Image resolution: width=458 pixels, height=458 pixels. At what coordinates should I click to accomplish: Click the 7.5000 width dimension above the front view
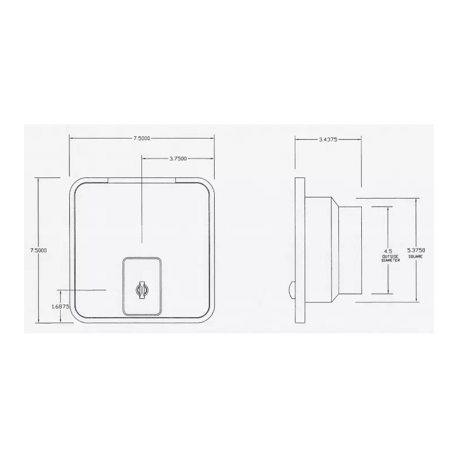click(x=141, y=139)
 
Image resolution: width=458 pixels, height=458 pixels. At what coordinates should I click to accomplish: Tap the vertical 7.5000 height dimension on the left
click(x=38, y=250)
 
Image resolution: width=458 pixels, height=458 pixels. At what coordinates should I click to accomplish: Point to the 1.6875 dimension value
click(x=60, y=307)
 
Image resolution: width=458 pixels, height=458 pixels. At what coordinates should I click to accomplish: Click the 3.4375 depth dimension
click(x=328, y=139)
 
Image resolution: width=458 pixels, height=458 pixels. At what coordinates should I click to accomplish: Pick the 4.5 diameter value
click(x=389, y=251)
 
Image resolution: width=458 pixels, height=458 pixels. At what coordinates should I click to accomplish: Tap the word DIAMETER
click(x=389, y=260)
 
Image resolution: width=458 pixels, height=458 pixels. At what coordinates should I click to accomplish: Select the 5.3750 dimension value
click(x=416, y=251)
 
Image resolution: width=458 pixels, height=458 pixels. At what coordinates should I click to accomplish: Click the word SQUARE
click(x=416, y=256)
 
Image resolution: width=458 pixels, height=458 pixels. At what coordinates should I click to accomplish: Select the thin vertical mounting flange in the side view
click(x=299, y=250)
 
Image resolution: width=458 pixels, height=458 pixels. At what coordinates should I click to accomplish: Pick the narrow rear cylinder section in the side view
click(x=350, y=250)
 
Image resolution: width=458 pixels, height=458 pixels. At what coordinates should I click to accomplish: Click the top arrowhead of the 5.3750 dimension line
click(x=416, y=200)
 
